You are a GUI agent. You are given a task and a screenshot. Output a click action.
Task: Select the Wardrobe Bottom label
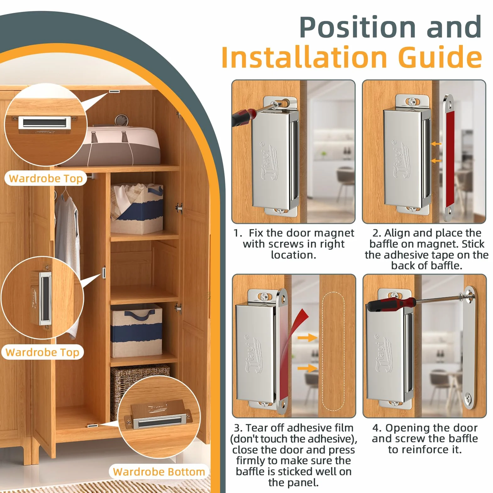point(159,472)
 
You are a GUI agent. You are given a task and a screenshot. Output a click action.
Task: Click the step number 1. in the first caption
point(238,233)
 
